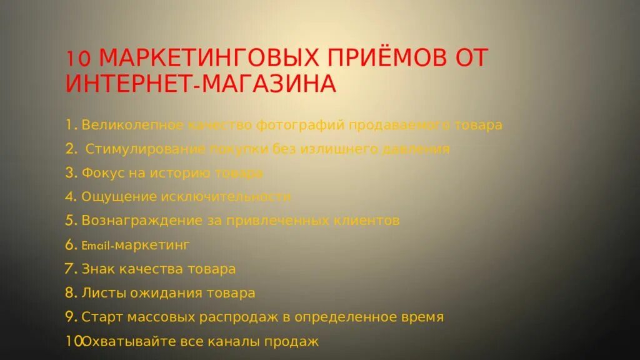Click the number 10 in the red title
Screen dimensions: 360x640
coord(79,59)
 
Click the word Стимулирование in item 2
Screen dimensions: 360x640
coord(145,149)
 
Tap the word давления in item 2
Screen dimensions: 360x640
coord(421,149)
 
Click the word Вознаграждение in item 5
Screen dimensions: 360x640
coord(142,221)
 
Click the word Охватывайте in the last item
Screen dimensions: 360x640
coord(123,341)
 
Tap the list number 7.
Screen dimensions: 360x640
coord(69,269)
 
